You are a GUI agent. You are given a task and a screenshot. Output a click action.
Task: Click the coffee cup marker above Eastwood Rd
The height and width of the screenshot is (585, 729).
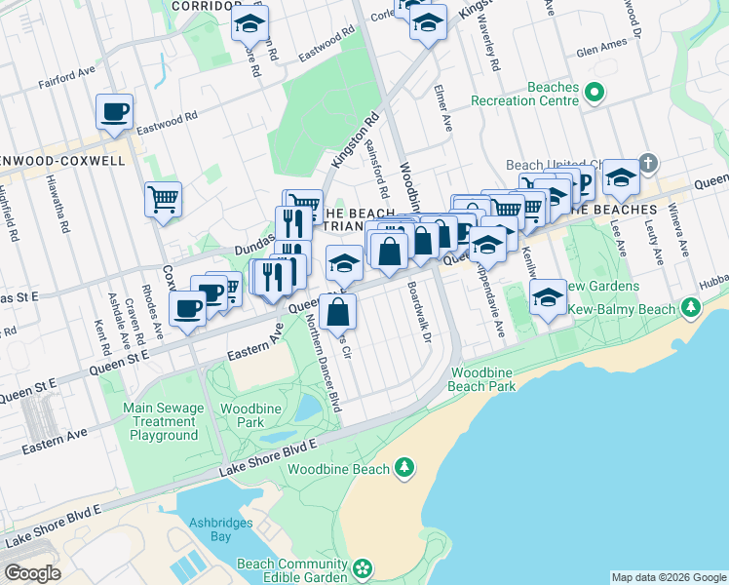click(114, 111)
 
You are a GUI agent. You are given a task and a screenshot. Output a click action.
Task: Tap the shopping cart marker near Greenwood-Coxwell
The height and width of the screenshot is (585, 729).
click(163, 200)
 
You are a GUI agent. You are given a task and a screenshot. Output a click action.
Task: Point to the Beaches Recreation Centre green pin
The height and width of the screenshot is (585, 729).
click(594, 94)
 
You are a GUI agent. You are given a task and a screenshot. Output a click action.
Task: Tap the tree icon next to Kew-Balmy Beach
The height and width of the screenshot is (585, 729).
click(691, 308)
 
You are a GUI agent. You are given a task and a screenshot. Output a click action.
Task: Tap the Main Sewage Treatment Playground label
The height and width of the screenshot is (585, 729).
click(162, 421)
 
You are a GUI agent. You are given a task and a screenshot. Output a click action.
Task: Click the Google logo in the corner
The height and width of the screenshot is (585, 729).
click(32, 572)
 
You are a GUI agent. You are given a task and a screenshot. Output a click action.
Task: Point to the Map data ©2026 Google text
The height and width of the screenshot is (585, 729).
click(668, 577)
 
